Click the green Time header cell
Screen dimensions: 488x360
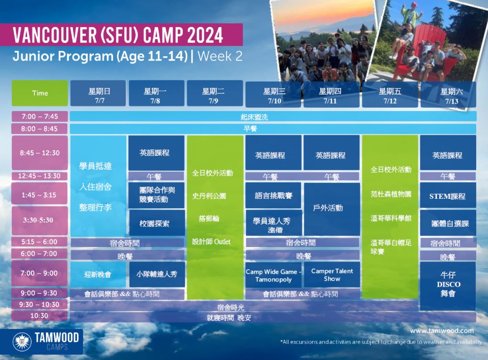tap(40, 93)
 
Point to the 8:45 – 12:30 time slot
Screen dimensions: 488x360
tap(40, 153)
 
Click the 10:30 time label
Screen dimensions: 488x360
tap(40, 316)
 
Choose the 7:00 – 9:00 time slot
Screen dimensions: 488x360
tap(40, 273)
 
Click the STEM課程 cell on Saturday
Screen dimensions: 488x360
tap(448, 195)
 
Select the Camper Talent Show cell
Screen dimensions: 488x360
tap(332, 274)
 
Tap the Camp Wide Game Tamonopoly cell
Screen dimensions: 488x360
tap(273, 275)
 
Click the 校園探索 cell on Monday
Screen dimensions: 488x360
tap(157, 223)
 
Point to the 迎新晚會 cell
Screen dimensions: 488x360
tap(98, 274)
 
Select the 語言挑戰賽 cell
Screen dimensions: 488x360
tap(273, 195)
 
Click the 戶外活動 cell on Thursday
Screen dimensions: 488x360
tap(332, 209)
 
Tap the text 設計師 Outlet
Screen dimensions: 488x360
tap(211, 242)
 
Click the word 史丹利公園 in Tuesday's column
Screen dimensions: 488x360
tap(209, 196)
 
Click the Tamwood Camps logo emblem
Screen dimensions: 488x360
tap(22, 341)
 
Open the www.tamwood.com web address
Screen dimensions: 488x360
tap(442, 331)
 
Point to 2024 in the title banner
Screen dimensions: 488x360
tap(205, 35)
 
